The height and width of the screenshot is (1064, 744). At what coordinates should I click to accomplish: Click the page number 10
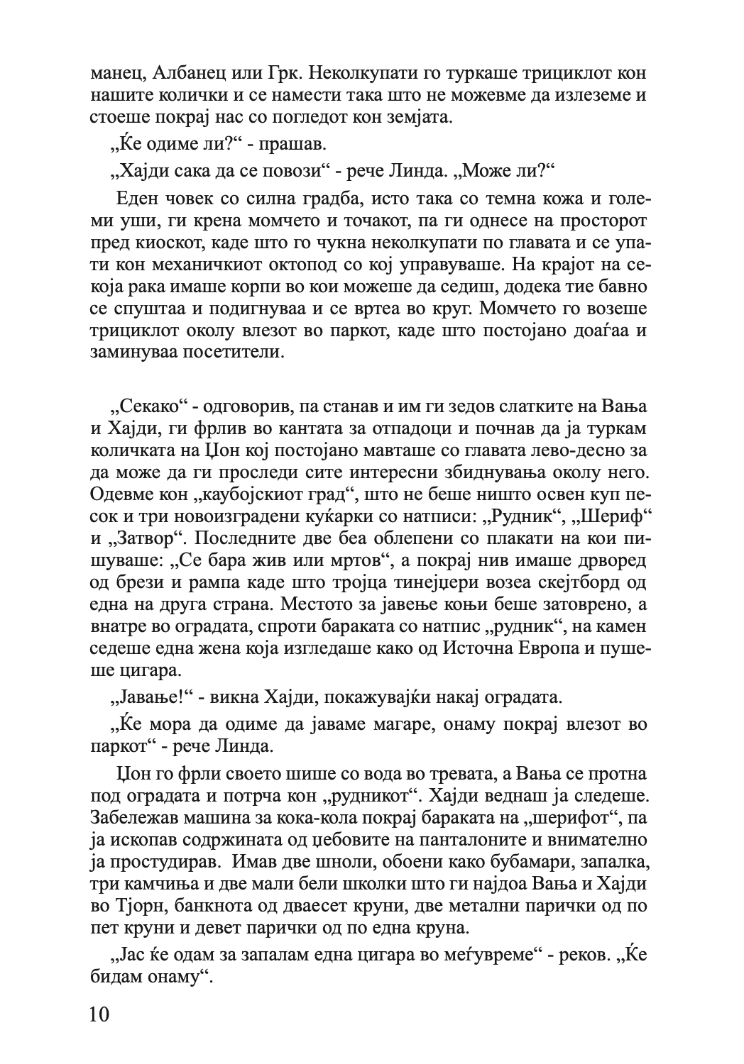(100, 1012)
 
